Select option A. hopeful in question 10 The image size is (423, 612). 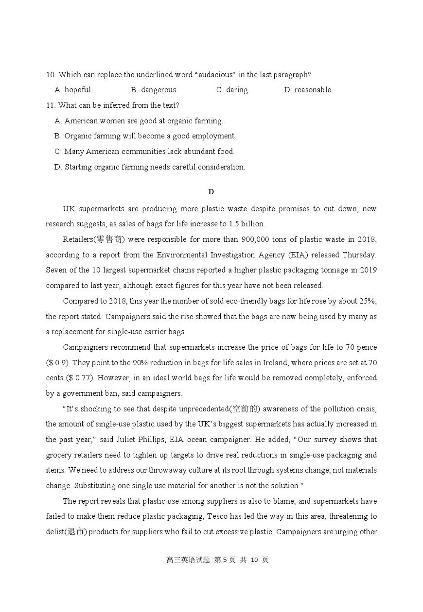(73, 90)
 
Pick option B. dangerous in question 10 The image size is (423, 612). (154, 90)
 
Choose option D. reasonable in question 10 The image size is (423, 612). (308, 90)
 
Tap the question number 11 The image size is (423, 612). (51, 105)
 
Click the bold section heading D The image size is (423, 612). (211, 192)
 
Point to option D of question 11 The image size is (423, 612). (150, 167)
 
